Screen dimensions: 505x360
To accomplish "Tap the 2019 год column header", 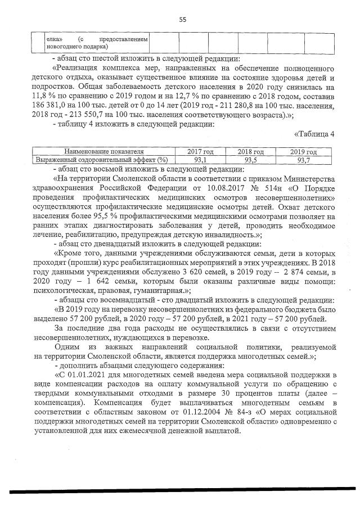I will tap(304, 151).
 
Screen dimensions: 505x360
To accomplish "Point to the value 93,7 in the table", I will tap(304, 160).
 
